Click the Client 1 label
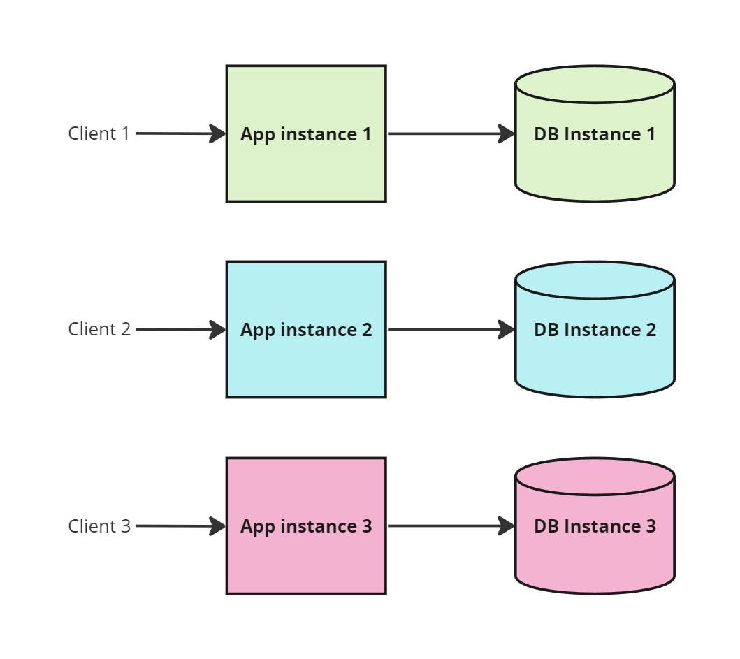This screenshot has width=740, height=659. [x=99, y=133]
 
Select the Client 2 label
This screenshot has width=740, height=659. [x=99, y=329]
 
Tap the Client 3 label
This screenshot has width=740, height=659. [x=99, y=526]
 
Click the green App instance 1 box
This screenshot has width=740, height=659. [x=306, y=168]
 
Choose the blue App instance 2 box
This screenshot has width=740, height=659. [x=306, y=363]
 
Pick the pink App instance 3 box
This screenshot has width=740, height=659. [x=306, y=560]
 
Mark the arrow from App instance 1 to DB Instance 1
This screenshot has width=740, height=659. [x=447, y=133]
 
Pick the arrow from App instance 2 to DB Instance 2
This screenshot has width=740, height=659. [x=447, y=329]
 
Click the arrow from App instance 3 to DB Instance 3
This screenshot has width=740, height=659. [x=447, y=526]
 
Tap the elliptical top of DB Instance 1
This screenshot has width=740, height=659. [x=595, y=85]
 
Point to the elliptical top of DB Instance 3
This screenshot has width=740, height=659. [x=595, y=477]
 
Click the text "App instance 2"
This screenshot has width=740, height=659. [x=306, y=330]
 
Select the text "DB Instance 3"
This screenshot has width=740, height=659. [x=595, y=526]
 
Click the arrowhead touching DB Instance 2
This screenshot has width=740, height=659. [x=507, y=329]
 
